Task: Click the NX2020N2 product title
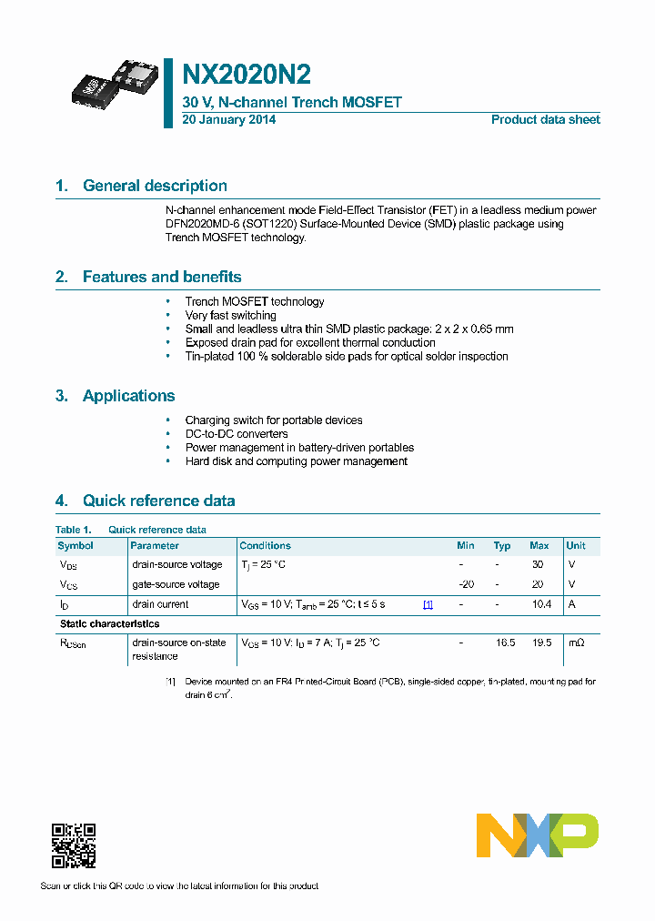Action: [x=247, y=74]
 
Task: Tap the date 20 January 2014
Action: [x=229, y=120]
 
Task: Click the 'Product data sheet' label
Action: [x=545, y=120]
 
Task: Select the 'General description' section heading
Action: [x=155, y=186]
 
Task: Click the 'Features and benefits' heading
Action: [x=162, y=277]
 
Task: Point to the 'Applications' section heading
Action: [x=128, y=396]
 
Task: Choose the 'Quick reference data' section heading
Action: [x=158, y=501]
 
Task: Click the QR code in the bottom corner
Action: [x=74, y=845]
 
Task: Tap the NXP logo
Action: [x=538, y=835]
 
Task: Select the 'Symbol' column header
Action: [x=76, y=546]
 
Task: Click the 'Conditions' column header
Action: [x=265, y=546]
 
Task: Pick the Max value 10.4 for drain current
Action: [x=541, y=604]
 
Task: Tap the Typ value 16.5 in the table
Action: [x=505, y=643]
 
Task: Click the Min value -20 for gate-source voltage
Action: [x=466, y=584]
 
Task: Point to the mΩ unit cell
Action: [x=577, y=643]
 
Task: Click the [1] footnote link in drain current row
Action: [x=428, y=604]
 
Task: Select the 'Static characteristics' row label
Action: [x=109, y=623]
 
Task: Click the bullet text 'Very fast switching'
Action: [x=230, y=316]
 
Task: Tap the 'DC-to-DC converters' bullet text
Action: [x=237, y=434]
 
